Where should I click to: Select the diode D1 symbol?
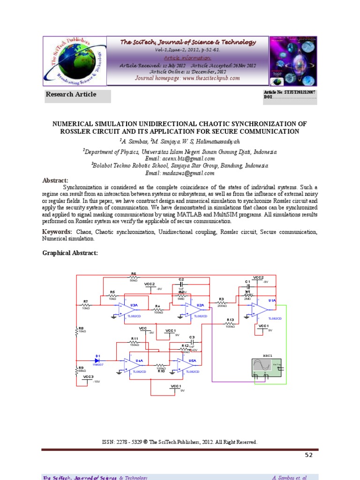(x=98, y=360)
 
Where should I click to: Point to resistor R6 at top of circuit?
(x=134, y=277)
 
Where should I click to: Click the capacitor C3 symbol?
(x=191, y=342)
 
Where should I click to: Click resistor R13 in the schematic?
(x=230, y=323)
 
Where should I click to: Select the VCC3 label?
(x=88, y=377)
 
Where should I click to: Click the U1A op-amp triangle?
(x=260, y=308)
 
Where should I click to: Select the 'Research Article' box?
(x=77, y=95)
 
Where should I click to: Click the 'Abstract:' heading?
(x=55, y=180)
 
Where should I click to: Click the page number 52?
(x=308, y=455)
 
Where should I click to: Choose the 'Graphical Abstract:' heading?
(x=70, y=253)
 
